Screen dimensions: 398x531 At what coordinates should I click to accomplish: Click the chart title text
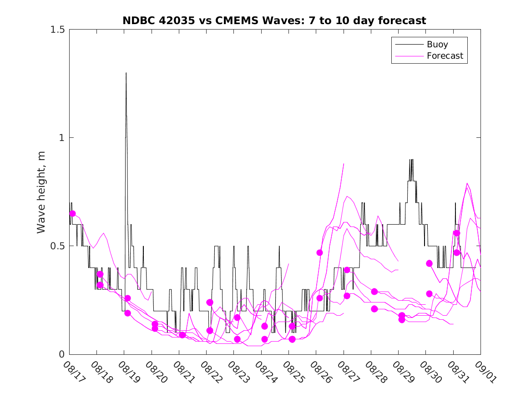pos(274,20)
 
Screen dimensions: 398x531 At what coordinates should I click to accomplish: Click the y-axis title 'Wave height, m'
pos(41,191)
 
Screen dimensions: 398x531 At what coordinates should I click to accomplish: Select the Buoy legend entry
pos(437,45)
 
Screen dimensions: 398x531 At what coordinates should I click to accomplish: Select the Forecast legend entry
pos(445,56)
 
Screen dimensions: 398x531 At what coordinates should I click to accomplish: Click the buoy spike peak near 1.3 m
pos(126,73)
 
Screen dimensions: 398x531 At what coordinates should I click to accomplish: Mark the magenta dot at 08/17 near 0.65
pos(72,213)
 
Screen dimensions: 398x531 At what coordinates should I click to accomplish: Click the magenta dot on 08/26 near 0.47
pos(319,252)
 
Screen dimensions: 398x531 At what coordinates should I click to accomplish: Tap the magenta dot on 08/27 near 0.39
pos(347,270)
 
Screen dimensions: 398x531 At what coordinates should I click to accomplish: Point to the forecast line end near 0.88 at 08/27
pos(344,164)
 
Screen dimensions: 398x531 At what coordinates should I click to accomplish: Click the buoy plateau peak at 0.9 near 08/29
pos(411,160)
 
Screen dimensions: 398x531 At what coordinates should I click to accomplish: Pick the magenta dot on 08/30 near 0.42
pos(429,263)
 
